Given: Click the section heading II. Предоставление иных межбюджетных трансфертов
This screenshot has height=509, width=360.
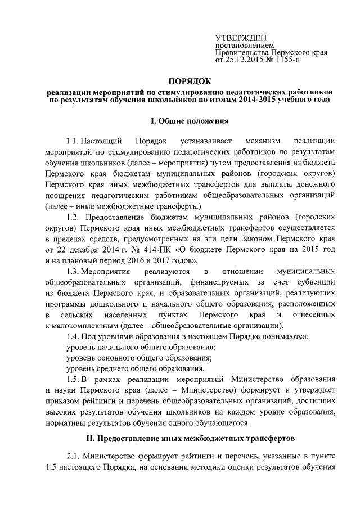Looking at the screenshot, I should [x=188, y=439].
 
